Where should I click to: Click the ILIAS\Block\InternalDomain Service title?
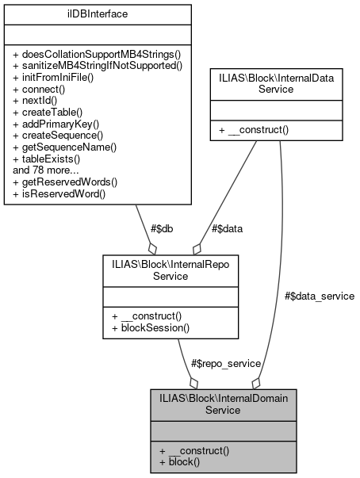tap(223, 404)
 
